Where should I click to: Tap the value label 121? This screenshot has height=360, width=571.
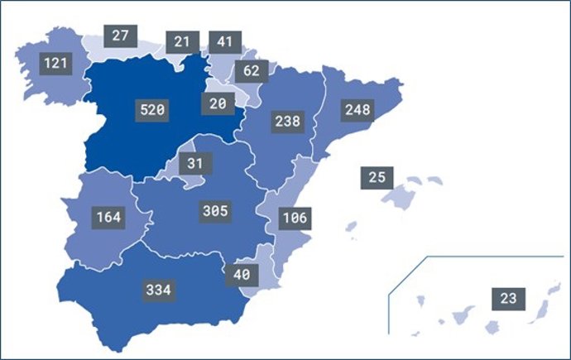click(56, 62)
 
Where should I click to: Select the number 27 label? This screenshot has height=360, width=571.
click(120, 36)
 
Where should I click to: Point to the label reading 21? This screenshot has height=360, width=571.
click(182, 41)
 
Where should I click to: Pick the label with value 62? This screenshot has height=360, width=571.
click(251, 70)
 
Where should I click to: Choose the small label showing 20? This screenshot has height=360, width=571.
click(218, 103)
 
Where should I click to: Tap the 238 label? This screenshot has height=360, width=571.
click(286, 121)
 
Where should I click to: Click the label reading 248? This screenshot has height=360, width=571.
click(358, 109)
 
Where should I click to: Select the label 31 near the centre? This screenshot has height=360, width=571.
click(194, 163)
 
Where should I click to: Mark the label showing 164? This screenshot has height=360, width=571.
click(108, 218)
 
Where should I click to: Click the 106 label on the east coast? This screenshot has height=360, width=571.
click(294, 218)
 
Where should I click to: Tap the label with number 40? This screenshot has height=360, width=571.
click(242, 274)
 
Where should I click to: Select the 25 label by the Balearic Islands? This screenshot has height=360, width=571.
click(377, 177)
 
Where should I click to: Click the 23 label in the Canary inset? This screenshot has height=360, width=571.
click(507, 298)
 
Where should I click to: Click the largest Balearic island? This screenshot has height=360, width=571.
click(403, 196)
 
